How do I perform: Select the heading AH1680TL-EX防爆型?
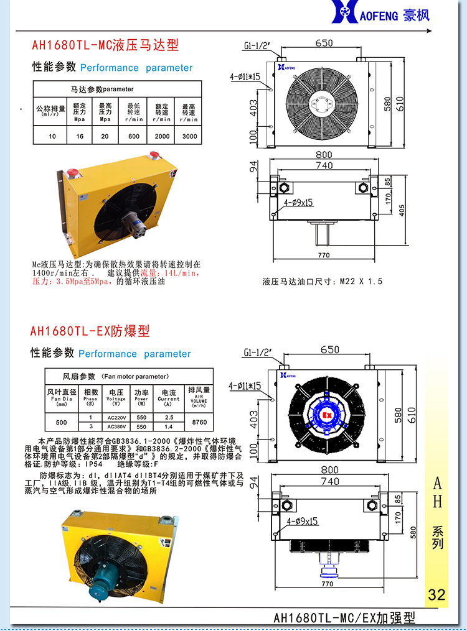(x=90, y=331)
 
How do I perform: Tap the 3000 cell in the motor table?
(x=189, y=136)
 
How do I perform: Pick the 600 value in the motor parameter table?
(x=134, y=136)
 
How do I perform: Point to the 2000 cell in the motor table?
(x=162, y=136)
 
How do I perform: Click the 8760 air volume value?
(x=200, y=422)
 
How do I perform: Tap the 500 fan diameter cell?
(x=61, y=422)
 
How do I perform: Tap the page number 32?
(x=436, y=594)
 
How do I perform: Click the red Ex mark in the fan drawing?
(x=326, y=413)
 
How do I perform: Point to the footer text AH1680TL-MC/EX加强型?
(x=344, y=618)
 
